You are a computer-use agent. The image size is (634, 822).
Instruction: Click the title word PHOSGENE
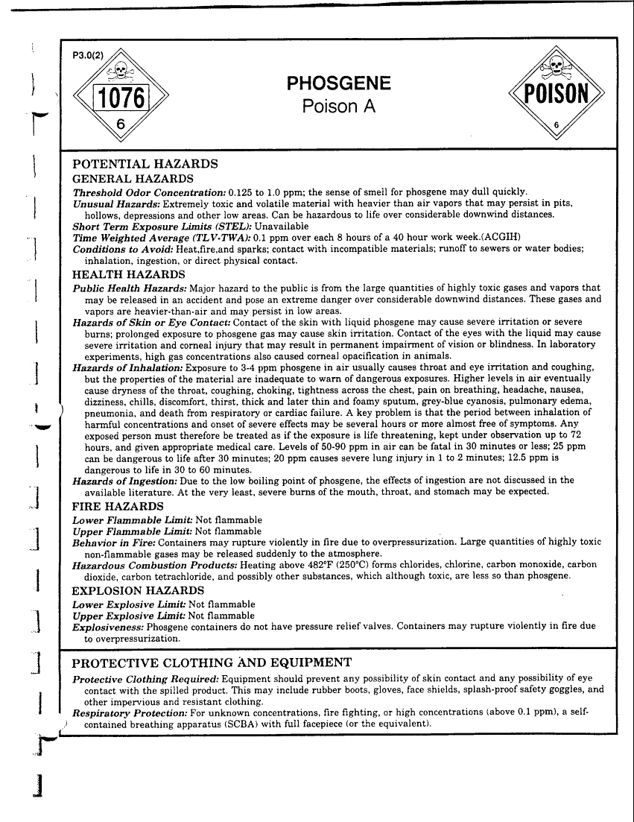(338, 83)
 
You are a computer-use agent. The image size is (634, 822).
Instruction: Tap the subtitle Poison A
(338, 107)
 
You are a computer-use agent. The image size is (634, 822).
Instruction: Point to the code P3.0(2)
(88, 54)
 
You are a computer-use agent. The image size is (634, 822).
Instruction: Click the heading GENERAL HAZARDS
(133, 179)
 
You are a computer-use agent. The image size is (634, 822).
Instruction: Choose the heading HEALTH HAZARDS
(129, 275)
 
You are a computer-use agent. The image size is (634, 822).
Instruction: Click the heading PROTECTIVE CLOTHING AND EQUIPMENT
(211, 662)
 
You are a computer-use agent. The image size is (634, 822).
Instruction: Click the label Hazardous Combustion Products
(153, 564)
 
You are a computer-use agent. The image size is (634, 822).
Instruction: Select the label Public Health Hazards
(130, 288)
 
